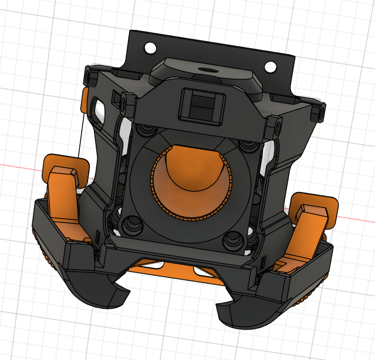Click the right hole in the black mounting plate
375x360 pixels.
271,66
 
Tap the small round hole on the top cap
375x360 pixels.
208,69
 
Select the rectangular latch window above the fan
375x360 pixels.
201,106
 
